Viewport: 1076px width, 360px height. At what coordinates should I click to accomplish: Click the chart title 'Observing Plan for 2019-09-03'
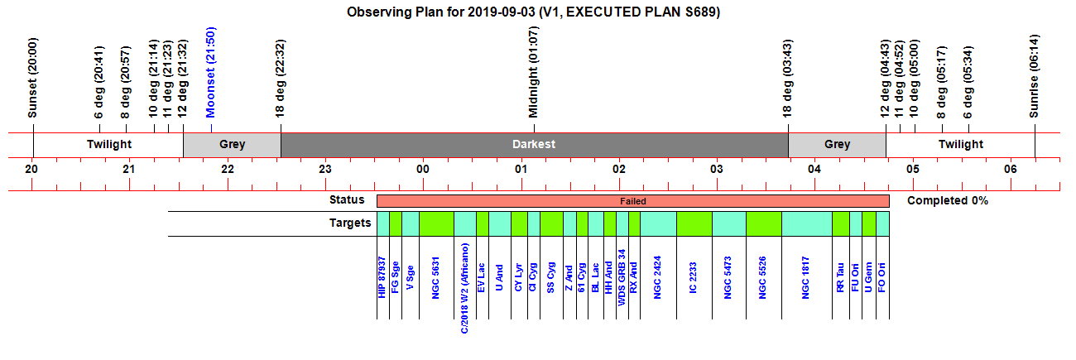click(440, 12)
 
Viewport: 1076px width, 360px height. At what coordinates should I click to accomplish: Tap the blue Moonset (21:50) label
click(210, 72)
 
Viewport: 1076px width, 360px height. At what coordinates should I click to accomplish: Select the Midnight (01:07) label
click(533, 72)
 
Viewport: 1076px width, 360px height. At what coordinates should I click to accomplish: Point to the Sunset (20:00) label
click(32, 78)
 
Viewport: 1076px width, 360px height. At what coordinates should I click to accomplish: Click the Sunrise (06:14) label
click(1034, 76)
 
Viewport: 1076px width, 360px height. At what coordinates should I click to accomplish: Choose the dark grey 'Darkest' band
click(535, 145)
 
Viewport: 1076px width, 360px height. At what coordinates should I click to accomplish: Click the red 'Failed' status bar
click(633, 201)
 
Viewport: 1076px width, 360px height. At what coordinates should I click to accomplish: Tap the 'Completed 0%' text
click(947, 200)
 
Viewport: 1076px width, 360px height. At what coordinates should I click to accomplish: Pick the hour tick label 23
click(325, 169)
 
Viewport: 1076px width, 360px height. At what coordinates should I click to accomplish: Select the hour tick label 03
click(717, 169)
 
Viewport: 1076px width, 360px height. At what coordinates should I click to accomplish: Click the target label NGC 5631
click(435, 278)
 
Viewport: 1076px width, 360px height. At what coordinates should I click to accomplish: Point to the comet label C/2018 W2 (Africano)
click(464, 288)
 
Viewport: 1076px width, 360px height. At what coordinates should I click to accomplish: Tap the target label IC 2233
click(693, 278)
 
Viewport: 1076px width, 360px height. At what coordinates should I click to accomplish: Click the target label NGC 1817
click(805, 278)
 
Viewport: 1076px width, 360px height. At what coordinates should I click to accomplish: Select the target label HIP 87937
click(382, 277)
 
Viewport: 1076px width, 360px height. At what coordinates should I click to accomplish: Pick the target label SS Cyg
click(550, 277)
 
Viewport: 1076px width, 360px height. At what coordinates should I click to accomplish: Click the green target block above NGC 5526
click(764, 223)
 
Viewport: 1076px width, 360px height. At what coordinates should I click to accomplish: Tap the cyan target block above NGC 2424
click(658, 223)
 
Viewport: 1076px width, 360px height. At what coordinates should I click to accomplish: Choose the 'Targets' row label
click(350, 223)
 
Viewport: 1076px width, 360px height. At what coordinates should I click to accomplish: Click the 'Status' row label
click(347, 199)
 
